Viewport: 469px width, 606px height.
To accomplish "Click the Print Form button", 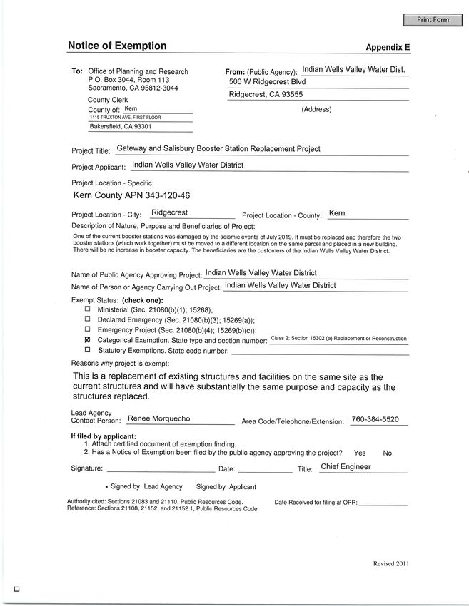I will coord(433,20).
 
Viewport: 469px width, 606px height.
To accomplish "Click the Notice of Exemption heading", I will coord(117,46).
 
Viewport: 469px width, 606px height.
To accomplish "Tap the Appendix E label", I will coord(388,48).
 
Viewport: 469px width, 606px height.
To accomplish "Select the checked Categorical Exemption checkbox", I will coord(88,340).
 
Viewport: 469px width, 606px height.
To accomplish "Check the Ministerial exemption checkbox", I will coord(88,309).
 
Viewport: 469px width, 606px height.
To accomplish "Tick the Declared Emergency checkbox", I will coord(88,319).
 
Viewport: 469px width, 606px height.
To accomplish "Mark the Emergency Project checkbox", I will coord(88,329).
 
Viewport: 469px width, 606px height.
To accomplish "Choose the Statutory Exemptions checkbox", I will coord(88,350).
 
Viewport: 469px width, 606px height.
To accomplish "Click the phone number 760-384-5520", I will coord(375,419).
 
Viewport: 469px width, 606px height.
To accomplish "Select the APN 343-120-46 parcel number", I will coord(132,195).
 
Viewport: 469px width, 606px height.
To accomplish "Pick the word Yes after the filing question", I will coord(360,453).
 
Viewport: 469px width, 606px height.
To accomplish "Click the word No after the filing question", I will coord(387,453).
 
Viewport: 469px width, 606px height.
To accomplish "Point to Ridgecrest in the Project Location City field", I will coord(169,212).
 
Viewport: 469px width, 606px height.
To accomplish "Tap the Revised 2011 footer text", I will coord(391,563).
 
